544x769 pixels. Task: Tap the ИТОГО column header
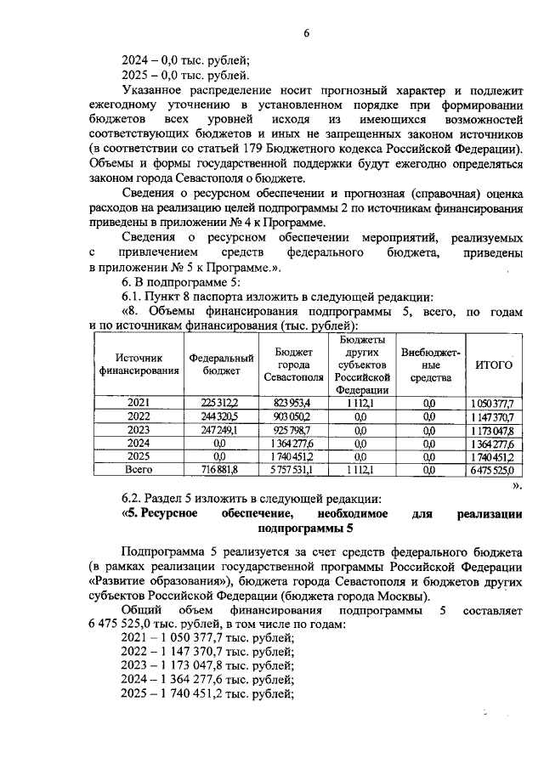pyautogui.click(x=494, y=365)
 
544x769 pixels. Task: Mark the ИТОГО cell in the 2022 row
pyautogui.click(x=494, y=416)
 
